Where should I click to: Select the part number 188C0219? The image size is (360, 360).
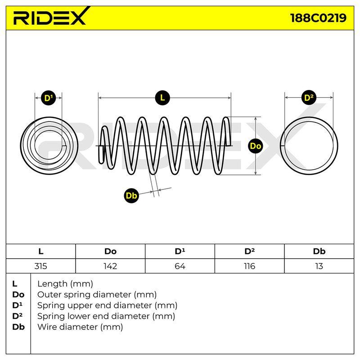pos(318,18)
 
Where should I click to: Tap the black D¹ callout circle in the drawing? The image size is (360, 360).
pos(48,98)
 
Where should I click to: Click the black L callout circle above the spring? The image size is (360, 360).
pos(162,98)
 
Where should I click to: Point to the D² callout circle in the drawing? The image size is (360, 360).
pos(309,98)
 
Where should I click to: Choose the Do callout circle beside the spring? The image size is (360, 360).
pos(256,146)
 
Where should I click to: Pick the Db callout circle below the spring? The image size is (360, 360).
pos(131,196)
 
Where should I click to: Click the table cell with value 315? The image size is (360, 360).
pos(40,266)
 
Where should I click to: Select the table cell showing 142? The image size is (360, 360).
pos(110,266)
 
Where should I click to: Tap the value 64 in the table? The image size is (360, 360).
pos(180,266)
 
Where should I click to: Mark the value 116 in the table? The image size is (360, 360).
pos(249,266)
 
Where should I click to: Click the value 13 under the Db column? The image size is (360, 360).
pos(319,266)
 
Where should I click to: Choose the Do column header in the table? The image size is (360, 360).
pos(110,252)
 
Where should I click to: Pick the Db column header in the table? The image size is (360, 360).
pos(319,252)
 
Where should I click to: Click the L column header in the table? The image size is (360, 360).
pos(41,252)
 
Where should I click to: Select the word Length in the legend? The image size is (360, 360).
pos(52,284)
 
